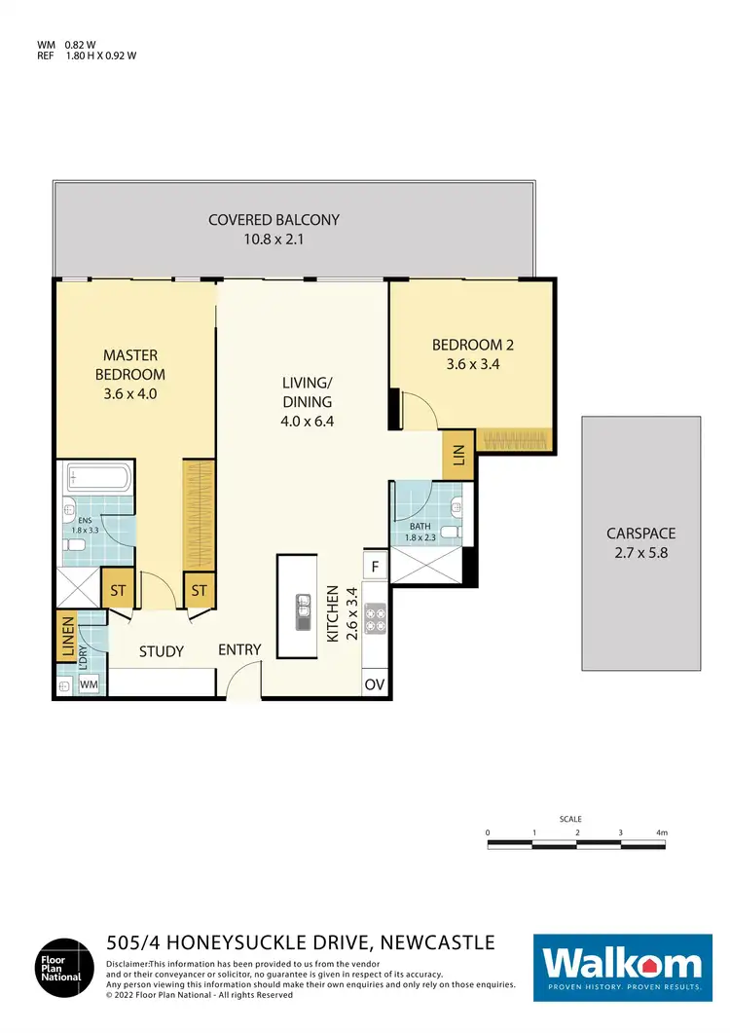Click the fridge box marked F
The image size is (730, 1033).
pyautogui.click(x=375, y=566)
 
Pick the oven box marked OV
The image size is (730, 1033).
pyautogui.click(x=375, y=684)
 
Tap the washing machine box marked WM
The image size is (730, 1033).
pyautogui.click(x=90, y=685)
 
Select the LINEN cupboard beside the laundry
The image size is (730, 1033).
pyautogui.click(x=67, y=639)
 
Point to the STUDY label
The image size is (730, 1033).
pyautogui.click(x=162, y=651)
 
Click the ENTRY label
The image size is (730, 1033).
pyautogui.click(x=239, y=649)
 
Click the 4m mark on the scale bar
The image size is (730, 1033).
pyautogui.click(x=662, y=833)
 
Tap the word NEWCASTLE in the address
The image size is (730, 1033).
pyautogui.click(x=436, y=942)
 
